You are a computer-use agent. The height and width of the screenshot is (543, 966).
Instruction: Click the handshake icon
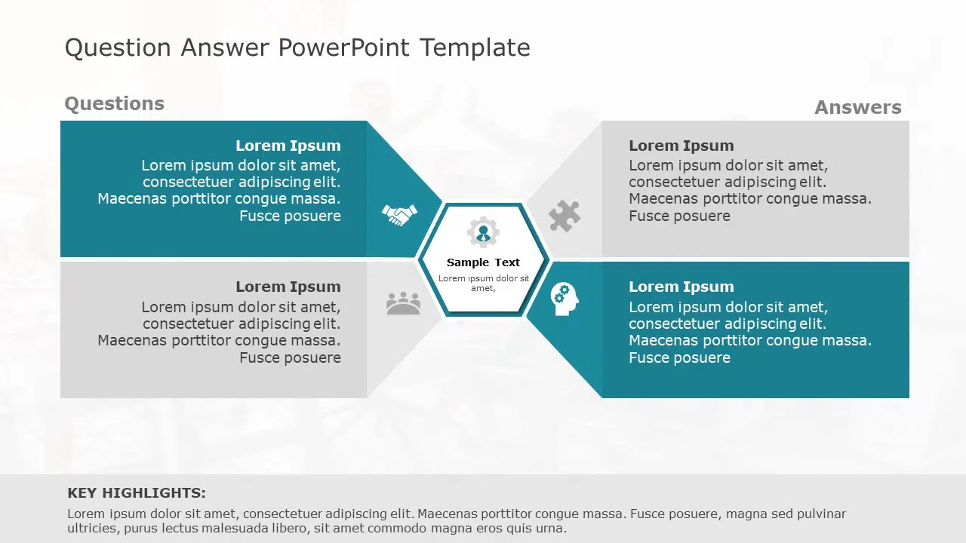pos(398,216)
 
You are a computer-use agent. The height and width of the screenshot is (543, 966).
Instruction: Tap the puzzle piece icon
pos(564,216)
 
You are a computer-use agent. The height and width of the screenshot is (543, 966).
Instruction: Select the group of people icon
pos(403,303)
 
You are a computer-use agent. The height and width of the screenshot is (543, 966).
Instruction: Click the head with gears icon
pos(564,299)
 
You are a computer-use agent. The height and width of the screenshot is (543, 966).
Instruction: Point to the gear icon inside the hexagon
pos(483,233)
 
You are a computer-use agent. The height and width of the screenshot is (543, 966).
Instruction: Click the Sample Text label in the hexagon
pos(483,262)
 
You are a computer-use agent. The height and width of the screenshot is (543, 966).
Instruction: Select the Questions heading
pos(114,104)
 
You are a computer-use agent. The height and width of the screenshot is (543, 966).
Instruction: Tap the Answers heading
pos(857,108)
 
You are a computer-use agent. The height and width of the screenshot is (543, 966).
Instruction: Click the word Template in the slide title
pos(475,48)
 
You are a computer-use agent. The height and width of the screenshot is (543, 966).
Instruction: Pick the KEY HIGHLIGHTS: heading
pos(137,493)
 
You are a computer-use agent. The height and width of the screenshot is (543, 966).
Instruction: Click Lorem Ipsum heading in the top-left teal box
pos(288,146)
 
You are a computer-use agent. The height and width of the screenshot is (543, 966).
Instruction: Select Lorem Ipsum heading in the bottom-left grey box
pos(288,287)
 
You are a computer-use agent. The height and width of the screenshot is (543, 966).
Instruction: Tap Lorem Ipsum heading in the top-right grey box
pos(681,146)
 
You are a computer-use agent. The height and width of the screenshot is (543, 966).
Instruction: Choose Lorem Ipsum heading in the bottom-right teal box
pos(681,287)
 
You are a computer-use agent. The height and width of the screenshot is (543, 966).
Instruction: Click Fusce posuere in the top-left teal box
pos(290,216)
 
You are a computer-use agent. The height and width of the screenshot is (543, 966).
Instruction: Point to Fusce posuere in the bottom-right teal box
pos(679,357)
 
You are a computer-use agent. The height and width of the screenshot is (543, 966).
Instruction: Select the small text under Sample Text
pos(483,283)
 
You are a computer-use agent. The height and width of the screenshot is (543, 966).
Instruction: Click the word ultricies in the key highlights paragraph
pos(93,529)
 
